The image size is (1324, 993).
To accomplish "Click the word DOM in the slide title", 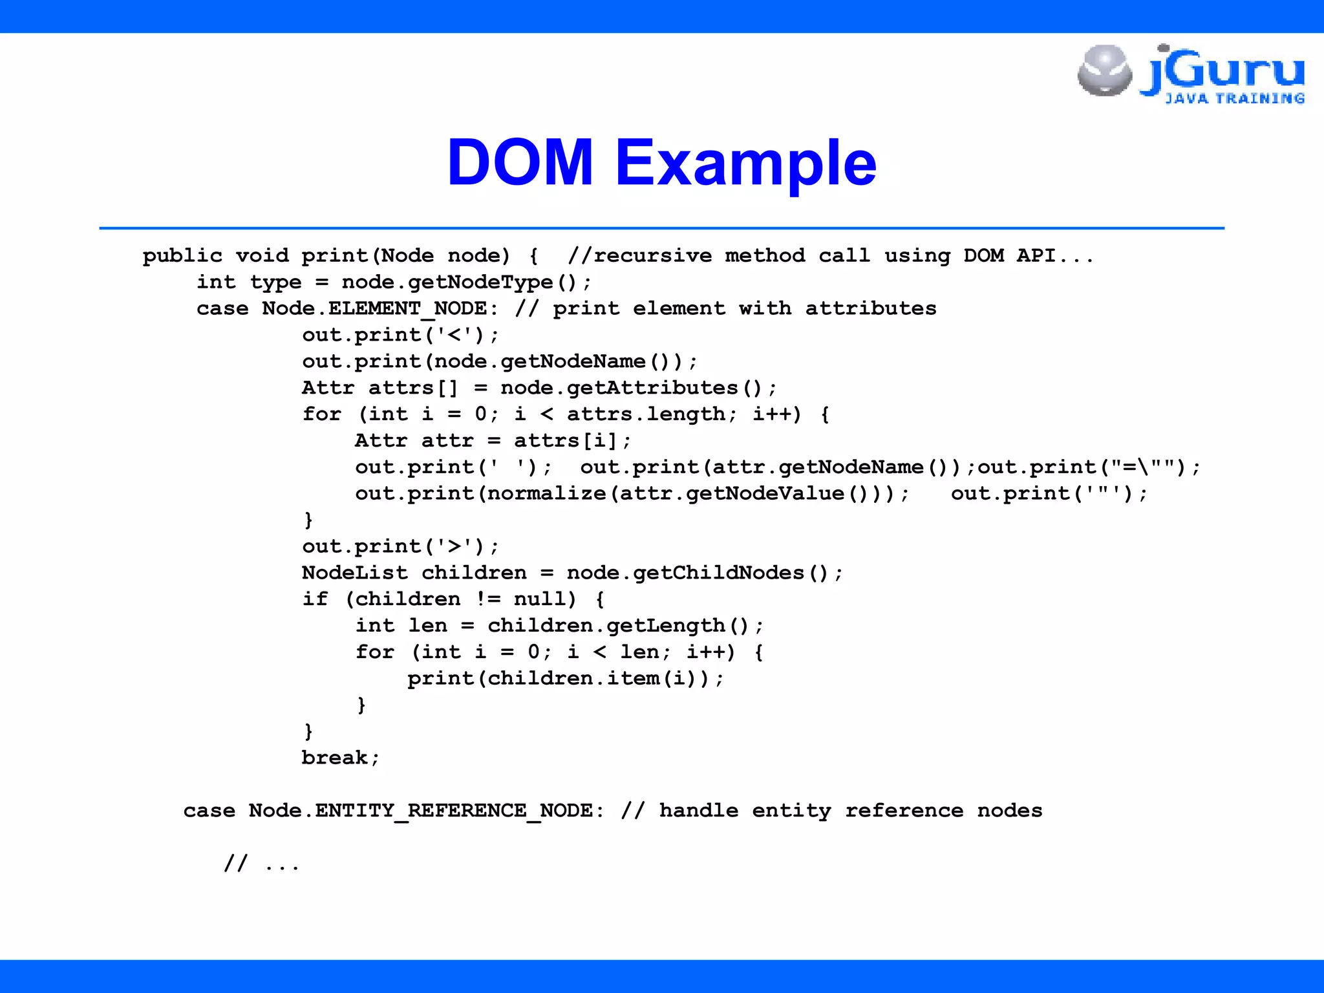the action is [x=520, y=162].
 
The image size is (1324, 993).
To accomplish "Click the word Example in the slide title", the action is [x=745, y=162].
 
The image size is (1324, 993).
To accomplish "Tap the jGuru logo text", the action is [x=1222, y=70].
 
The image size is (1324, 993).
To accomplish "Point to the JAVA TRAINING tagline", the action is [x=1235, y=99].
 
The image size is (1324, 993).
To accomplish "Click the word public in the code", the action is [x=182, y=256].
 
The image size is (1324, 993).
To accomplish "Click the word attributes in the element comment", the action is [x=870, y=309].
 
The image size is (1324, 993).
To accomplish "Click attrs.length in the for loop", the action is [x=646, y=414].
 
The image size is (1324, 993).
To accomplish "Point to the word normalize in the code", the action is [x=546, y=494].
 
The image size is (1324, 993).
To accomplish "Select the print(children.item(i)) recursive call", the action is [x=566, y=679].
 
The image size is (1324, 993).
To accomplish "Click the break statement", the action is [x=340, y=758].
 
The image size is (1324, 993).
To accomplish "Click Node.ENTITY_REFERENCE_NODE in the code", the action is [x=420, y=811].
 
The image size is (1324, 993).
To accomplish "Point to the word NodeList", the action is [x=355, y=573].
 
